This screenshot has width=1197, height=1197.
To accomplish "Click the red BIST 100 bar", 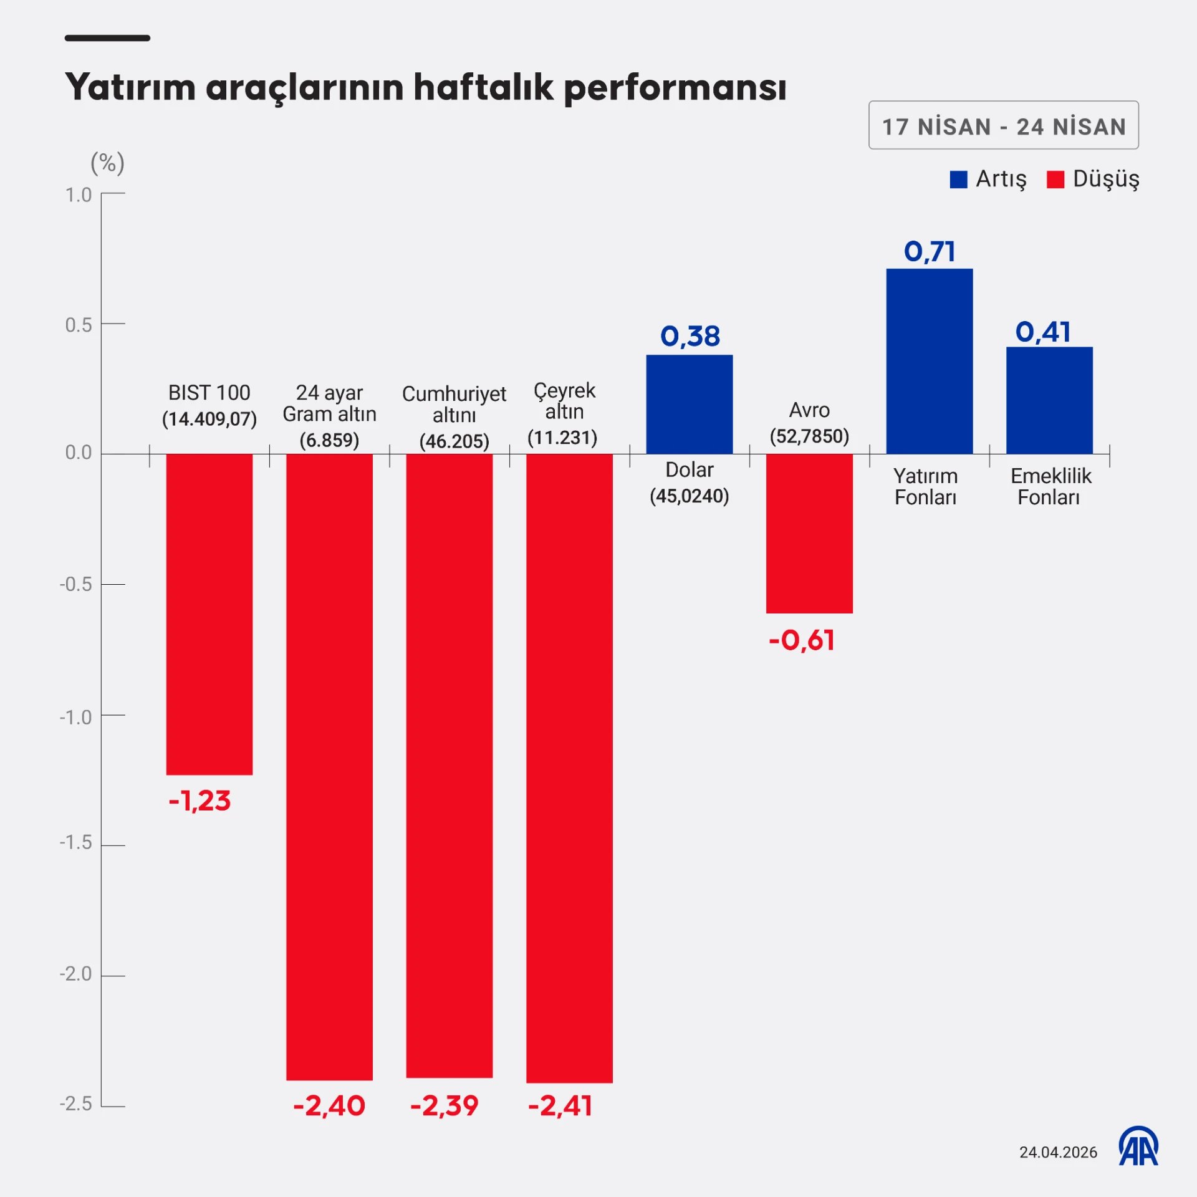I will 209,614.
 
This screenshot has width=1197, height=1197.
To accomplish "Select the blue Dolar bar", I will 689,404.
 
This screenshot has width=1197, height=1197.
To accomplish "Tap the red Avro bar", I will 809,533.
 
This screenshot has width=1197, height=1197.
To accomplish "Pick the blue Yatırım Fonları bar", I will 929,361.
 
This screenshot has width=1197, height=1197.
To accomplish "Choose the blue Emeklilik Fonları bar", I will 1049,400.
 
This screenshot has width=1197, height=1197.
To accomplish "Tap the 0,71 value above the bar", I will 929,251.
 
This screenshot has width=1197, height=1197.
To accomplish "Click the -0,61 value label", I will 801,640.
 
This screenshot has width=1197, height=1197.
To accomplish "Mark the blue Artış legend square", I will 958,180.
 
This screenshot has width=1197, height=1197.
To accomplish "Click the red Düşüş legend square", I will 1055,180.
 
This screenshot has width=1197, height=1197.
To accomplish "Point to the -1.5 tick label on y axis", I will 75,843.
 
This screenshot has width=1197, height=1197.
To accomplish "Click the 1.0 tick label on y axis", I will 79,195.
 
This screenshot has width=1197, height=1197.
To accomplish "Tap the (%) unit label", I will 107,163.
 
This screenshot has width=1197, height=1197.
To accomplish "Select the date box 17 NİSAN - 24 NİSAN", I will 1003,125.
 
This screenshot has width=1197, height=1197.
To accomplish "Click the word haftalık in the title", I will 483,87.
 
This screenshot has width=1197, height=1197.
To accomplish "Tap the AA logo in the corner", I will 1138,1147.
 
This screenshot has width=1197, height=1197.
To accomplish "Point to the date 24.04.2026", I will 1058,1152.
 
